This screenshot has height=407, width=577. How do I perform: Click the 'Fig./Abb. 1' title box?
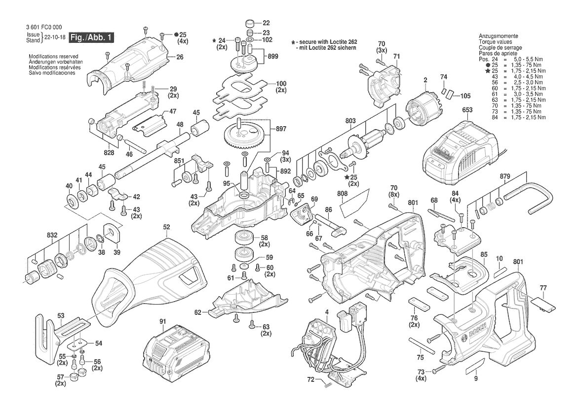[91, 37]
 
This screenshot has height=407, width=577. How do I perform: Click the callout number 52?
[167, 227]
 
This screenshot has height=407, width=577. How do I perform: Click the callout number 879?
[505, 177]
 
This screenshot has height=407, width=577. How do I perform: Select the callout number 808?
[342, 193]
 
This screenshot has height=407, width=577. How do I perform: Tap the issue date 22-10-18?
[54, 37]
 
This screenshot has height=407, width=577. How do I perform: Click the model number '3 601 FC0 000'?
[44, 27]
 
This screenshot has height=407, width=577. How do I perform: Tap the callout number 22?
[266, 23]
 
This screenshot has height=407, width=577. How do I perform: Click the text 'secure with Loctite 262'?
[326, 42]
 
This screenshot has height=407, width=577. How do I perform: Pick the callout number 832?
[52, 235]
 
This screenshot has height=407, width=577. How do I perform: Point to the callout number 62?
[198, 312]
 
